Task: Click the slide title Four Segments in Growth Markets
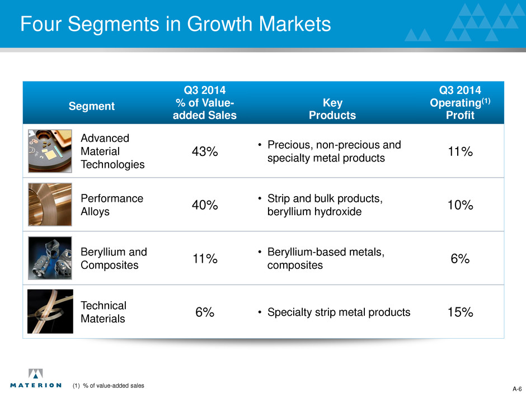[x=175, y=25]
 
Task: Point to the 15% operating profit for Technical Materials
[x=460, y=313]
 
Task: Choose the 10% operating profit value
[x=460, y=206]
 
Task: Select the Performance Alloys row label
[x=112, y=205]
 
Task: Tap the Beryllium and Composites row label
[x=114, y=259]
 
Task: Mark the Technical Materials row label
[x=104, y=312]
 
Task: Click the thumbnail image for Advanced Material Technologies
[x=50, y=151]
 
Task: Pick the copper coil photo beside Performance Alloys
[x=50, y=205]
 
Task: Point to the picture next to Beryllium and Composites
[x=50, y=258]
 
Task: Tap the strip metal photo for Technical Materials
[x=50, y=311]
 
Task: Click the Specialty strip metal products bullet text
[x=338, y=313]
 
